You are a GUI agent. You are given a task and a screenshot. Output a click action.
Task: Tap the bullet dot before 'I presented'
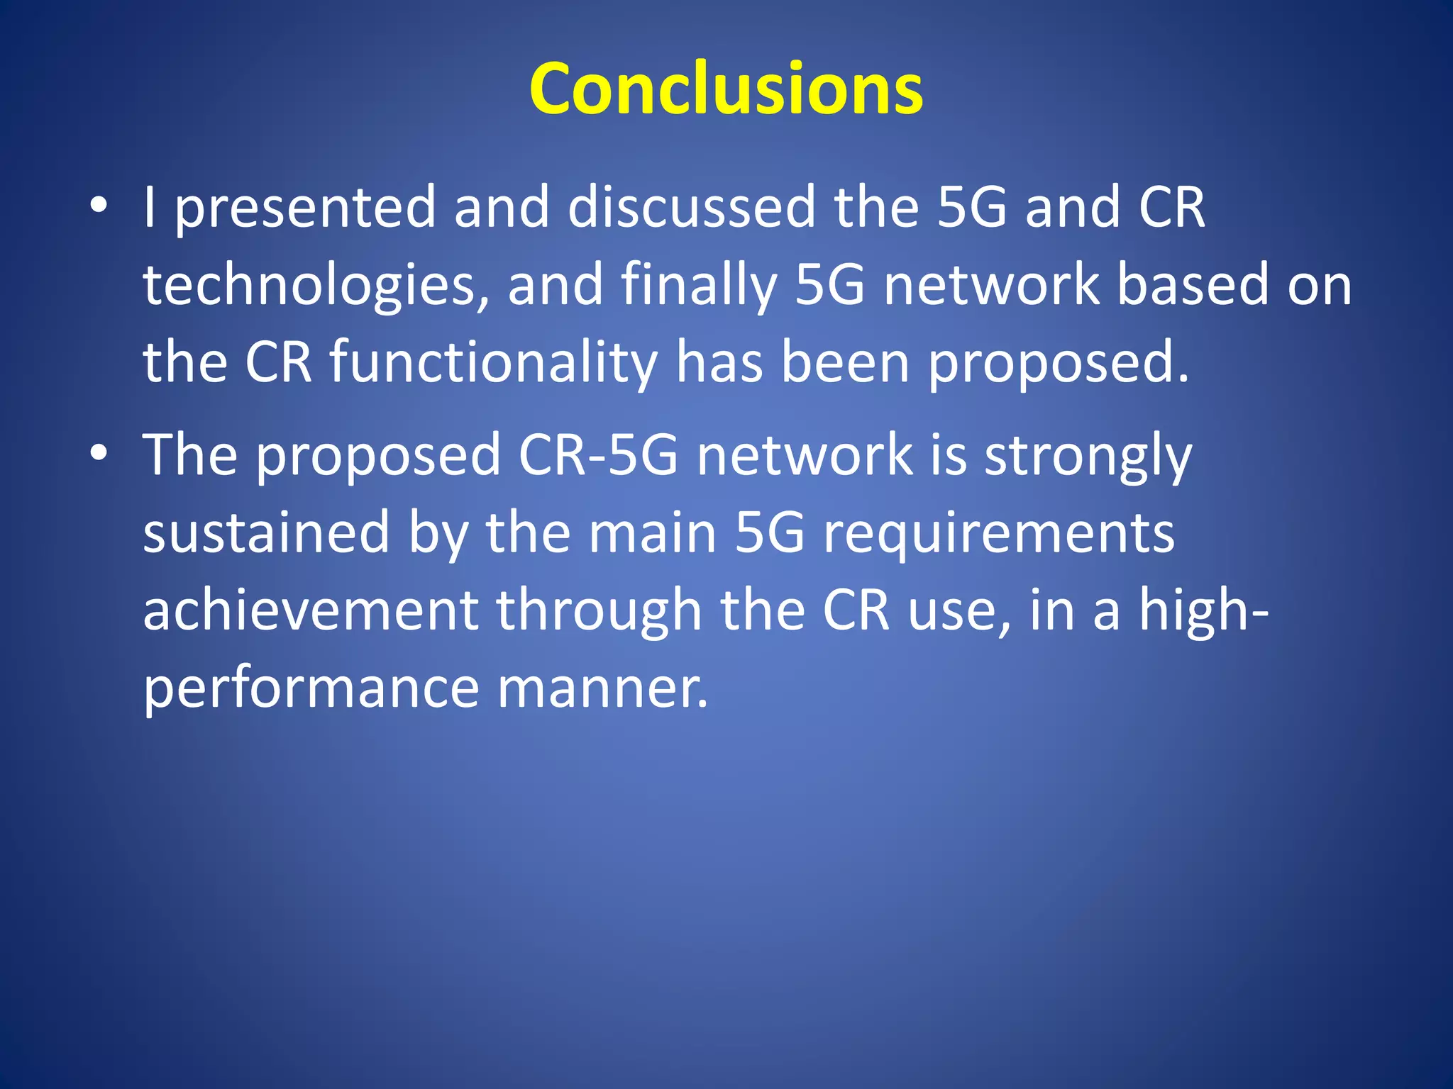coord(99,206)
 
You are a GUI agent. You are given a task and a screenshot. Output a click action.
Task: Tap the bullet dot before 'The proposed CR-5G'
coord(99,454)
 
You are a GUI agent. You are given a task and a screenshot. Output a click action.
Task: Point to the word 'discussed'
coord(692,207)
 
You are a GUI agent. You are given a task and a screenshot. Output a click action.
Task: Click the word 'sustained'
coord(266,532)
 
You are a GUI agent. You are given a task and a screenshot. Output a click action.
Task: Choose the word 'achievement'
coord(311,610)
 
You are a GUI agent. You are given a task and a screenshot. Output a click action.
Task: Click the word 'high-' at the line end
coord(1203,610)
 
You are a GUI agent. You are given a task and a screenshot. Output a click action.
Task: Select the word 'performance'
coord(311,689)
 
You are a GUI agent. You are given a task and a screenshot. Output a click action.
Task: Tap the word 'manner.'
coord(602,689)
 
